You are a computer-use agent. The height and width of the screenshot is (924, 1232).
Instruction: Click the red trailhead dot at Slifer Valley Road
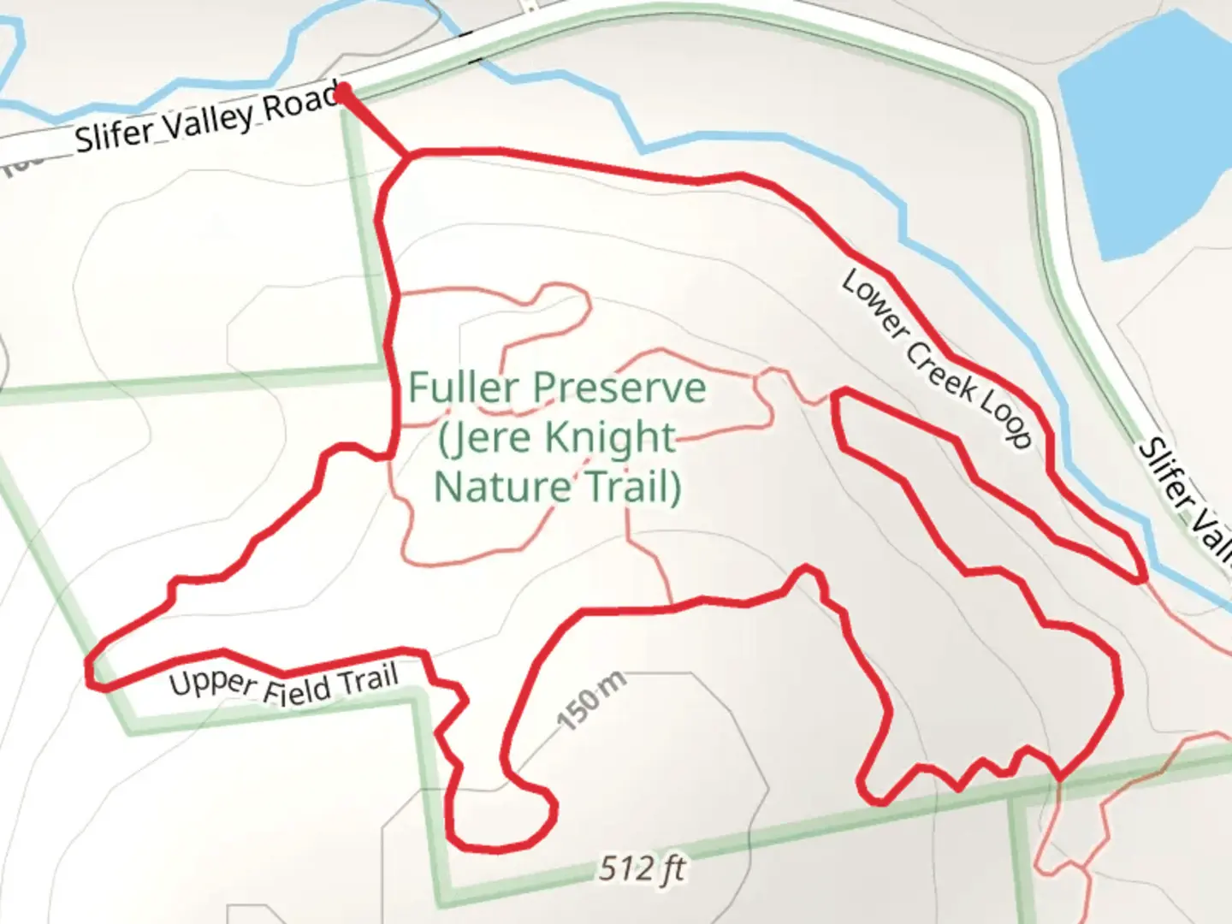[342, 91]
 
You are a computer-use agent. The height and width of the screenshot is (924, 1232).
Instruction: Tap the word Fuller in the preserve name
[463, 388]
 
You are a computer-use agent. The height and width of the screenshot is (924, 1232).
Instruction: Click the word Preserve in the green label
[620, 389]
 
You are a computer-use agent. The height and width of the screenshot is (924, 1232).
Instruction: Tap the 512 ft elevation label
[642, 868]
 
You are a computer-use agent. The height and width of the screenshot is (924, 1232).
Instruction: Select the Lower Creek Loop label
[937, 358]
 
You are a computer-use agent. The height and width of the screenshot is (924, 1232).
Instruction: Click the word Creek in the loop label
[940, 369]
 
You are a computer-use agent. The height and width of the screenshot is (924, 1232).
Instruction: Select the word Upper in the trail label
[212, 683]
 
